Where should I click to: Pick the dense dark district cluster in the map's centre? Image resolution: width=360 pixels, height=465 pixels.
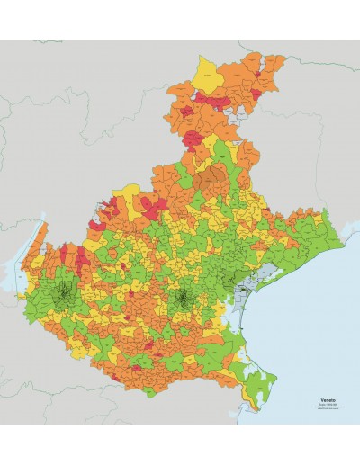pos(183,298)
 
